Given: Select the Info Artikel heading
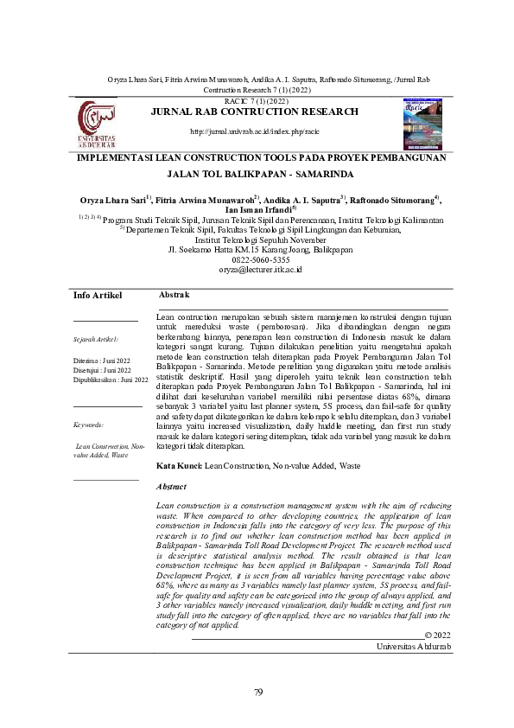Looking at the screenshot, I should coord(98,271).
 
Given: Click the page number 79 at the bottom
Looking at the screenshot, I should coord(257,692).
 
